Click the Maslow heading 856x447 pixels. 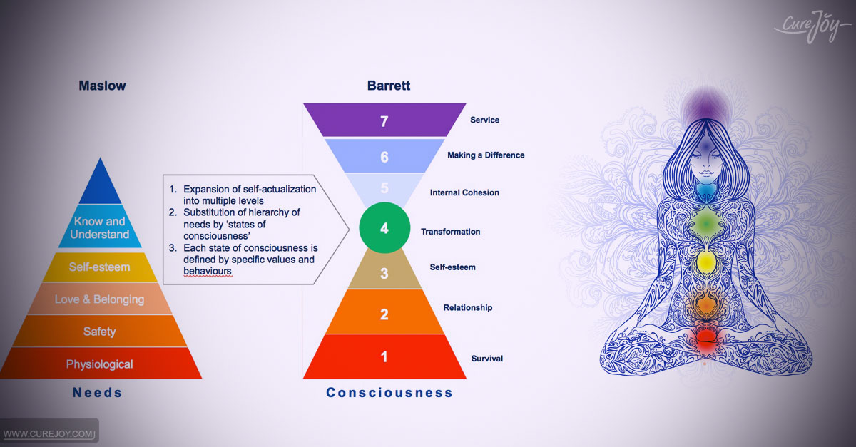point(102,86)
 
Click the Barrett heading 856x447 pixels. point(389,86)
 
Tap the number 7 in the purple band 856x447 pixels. point(384,121)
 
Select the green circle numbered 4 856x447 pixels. point(384,227)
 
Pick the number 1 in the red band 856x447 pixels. point(384,357)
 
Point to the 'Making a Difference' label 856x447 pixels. point(486,155)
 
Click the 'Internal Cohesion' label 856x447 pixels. point(464,192)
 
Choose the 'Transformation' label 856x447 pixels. point(451,232)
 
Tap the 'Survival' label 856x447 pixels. point(486,359)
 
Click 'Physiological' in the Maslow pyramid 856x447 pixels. point(99,364)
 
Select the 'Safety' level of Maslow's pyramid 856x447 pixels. point(99,332)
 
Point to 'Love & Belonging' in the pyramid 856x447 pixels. point(99,299)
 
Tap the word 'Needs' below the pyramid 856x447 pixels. point(98,392)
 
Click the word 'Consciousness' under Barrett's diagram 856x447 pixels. point(389,392)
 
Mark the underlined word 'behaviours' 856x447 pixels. point(207,271)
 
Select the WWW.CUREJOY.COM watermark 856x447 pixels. point(49,434)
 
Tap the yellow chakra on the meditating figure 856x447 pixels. point(705,262)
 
